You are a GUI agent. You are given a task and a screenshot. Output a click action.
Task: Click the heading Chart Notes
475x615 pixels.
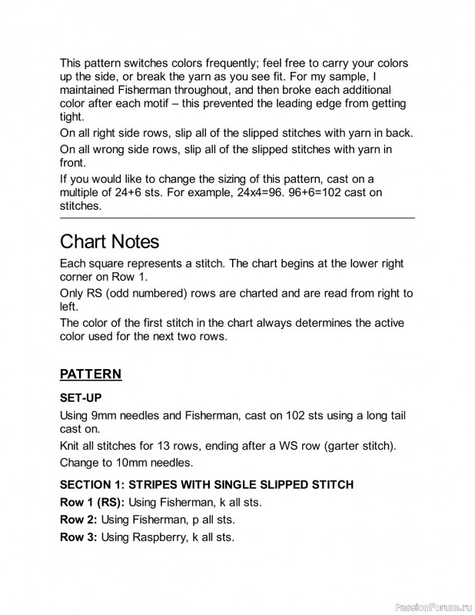click(109, 241)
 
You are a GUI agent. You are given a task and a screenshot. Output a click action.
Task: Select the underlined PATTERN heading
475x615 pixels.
click(91, 374)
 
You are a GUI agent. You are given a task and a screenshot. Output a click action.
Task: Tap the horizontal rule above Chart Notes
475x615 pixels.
click(237, 218)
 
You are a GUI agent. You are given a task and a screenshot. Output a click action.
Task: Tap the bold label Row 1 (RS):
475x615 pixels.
click(92, 502)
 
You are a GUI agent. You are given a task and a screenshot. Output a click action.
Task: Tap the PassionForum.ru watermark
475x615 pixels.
click(430, 606)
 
